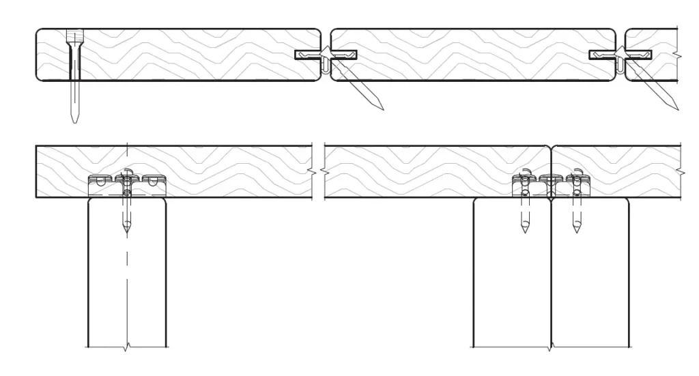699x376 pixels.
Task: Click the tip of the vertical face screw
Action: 74,121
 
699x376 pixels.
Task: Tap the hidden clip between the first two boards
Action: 326,55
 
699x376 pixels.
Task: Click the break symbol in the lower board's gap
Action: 318,171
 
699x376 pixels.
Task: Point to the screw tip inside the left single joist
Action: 126,232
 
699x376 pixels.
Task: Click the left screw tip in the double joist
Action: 524,230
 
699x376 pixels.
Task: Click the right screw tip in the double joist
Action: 577,230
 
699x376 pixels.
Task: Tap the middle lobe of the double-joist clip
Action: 550,181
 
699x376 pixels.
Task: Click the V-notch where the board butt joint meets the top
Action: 551,147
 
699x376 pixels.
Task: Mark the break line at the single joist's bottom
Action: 126,348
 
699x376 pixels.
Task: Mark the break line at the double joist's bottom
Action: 551,348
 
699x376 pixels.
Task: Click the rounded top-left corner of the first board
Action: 39,32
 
